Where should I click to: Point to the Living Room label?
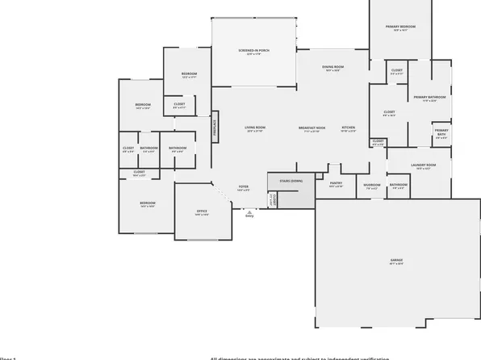(x=255, y=128)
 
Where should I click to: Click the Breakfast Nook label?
(x=312, y=128)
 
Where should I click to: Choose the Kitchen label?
(x=348, y=128)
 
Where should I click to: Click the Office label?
(x=202, y=211)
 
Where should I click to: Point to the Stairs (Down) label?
(x=291, y=181)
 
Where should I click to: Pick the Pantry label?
(x=337, y=183)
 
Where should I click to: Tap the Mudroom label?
(x=372, y=184)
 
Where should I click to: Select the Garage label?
(x=396, y=260)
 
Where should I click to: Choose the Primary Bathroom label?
(x=425, y=97)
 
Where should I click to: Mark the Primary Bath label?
(x=441, y=132)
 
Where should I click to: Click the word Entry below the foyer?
(x=249, y=216)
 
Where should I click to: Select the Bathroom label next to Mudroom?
(x=399, y=184)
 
